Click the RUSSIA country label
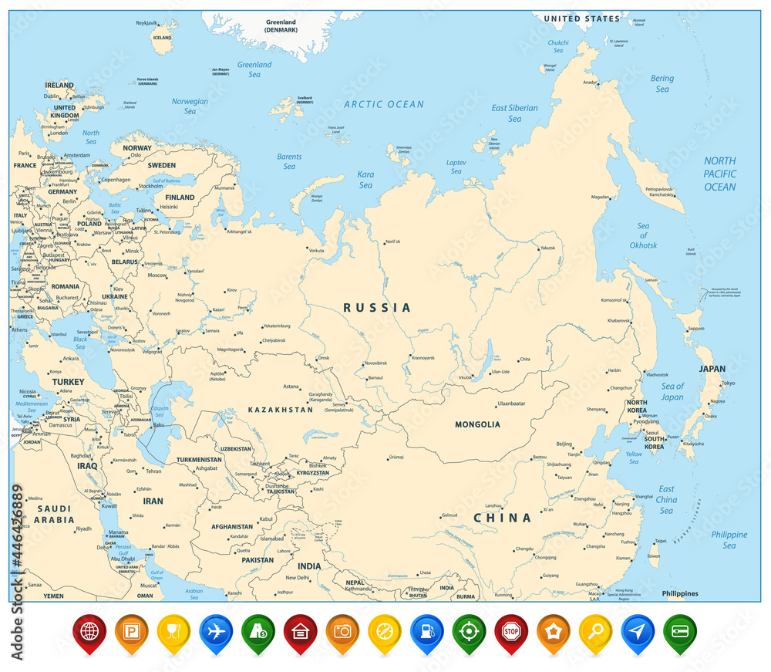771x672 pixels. [377, 308]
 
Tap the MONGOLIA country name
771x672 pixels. [477, 424]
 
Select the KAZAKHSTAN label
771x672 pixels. [280, 410]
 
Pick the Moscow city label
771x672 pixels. [157, 275]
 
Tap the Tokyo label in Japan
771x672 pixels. [728, 383]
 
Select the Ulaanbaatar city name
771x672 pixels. [510, 404]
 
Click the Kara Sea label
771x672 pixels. [365, 180]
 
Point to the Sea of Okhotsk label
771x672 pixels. [642, 235]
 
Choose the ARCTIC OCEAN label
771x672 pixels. [384, 104]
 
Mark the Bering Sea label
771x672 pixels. [662, 83]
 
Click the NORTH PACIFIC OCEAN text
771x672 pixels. [719, 174]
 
